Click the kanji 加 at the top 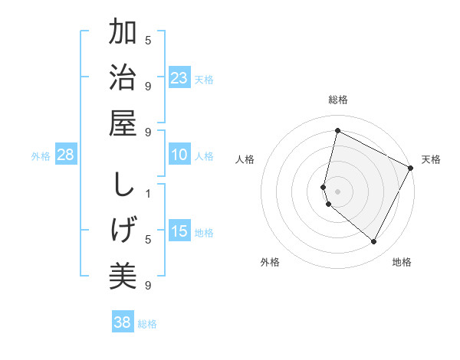pos(123,34)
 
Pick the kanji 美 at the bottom pos(123,275)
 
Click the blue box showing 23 pos(179,78)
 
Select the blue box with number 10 pos(179,155)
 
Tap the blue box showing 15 pos(179,231)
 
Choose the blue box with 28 pos(66,155)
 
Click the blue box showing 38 pos(123,322)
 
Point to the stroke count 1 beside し pos(148,193)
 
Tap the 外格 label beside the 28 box pos(41,156)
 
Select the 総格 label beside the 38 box pos(147,324)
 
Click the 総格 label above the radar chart pos(337,100)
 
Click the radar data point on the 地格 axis pos(374,242)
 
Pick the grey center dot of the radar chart pos(337,191)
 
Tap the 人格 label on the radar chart pos(245,159)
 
